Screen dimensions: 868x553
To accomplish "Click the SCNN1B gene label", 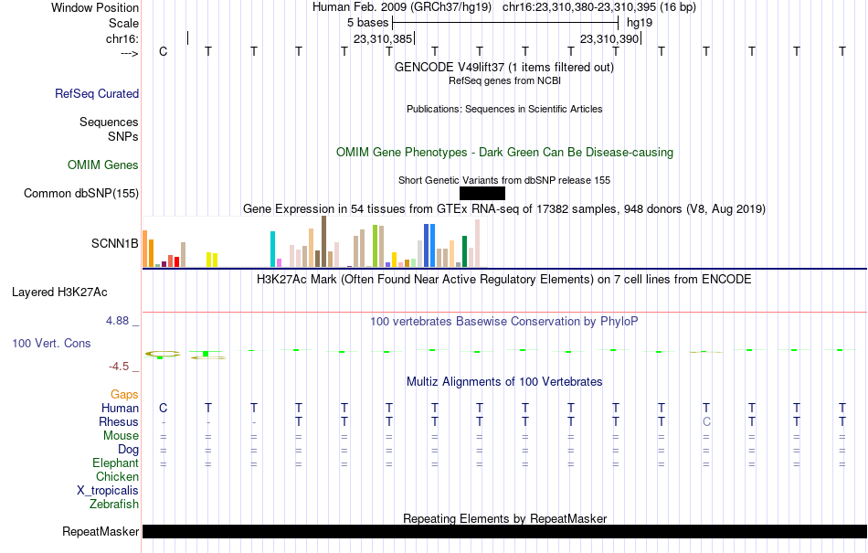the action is click(114, 243).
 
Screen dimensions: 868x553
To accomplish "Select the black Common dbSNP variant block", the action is click(482, 193).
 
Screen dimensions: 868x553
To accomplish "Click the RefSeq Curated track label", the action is click(97, 93).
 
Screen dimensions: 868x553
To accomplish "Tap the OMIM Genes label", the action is click(103, 165).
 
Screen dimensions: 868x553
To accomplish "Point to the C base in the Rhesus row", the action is click(706, 421).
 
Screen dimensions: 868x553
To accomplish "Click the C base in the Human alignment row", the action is click(163, 408).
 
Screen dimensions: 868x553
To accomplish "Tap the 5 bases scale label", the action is click(368, 23).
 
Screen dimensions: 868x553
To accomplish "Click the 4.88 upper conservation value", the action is click(117, 321).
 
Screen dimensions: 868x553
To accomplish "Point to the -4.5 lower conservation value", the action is click(119, 366).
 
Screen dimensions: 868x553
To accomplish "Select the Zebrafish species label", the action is click(114, 505).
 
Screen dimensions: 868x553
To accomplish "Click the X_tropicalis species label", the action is click(108, 491).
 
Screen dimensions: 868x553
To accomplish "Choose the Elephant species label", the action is click(115, 463).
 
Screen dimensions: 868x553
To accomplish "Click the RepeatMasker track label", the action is click(101, 531).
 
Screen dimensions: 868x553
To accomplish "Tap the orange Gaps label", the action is click(124, 394).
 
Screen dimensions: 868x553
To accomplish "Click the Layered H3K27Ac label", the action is click(59, 292).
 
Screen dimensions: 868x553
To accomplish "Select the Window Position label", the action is click(95, 7).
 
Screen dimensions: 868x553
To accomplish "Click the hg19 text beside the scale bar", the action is click(640, 23).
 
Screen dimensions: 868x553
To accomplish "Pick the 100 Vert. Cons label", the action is click(51, 343).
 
